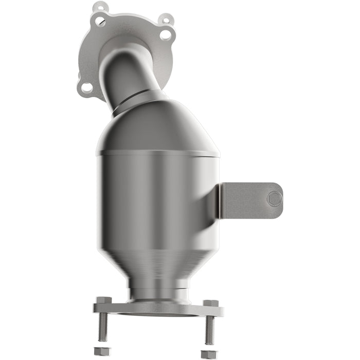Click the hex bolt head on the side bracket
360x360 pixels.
click(275, 199)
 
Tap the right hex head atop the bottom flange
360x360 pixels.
click(211, 303)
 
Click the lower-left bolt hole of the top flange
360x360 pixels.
click(87, 87)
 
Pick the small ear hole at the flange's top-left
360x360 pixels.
click(100, 8)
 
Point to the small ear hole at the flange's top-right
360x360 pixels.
click(166, 20)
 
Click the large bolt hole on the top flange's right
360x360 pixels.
click(166, 35)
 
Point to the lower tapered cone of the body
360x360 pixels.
click(157, 262)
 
